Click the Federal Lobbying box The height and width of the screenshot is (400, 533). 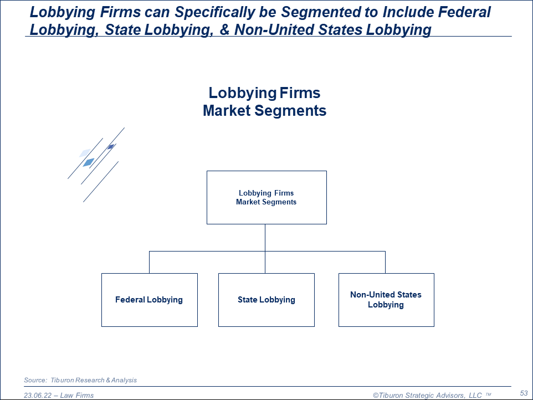tap(149, 300)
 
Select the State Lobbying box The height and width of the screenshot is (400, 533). tap(266, 300)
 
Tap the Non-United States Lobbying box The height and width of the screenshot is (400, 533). tap(386, 300)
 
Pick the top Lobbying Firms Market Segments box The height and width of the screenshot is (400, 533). tap(266, 197)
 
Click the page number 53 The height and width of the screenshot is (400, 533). tap(524, 393)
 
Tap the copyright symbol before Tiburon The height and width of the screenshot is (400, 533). tap(376, 396)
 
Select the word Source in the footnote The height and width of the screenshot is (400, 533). tap(35, 380)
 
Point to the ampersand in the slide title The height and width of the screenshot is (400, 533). tap(224, 29)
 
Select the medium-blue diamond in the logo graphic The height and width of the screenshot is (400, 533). tap(89, 162)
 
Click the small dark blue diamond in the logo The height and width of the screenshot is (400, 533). tap(111, 147)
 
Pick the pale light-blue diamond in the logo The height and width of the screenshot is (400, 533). tap(85, 152)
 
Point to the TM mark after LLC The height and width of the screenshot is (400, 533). tap(488, 394)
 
